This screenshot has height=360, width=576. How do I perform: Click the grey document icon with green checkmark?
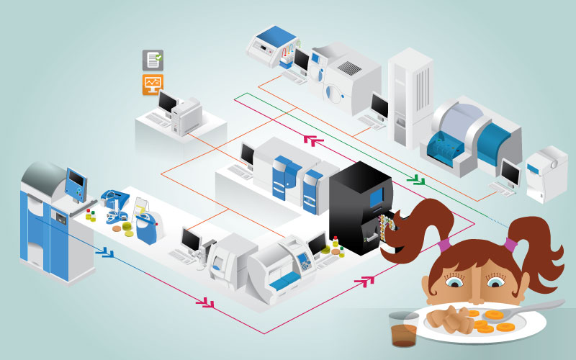[153, 60]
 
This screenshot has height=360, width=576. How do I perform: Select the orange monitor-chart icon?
[153, 85]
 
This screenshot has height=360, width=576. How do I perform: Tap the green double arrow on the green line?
[415, 179]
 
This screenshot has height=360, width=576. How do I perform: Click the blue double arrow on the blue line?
[107, 251]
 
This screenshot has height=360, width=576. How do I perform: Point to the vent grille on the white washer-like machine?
[351, 69]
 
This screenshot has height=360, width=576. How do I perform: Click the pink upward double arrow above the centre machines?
[311, 139]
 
